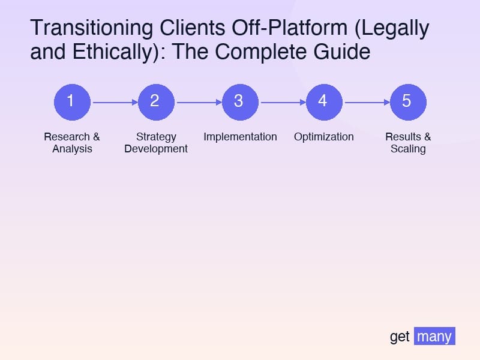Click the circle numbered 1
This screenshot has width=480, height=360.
pyautogui.click(x=72, y=101)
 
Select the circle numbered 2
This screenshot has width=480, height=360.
pyautogui.click(x=156, y=101)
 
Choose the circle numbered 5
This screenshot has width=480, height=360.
pyautogui.click(x=408, y=101)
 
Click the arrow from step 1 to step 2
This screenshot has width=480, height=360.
pyautogui.click(x=114, y=102)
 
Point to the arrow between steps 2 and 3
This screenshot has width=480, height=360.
pyautogui.click(x=198, y=102)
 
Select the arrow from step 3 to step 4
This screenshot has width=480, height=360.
pyautogui.click(x=282, y=102)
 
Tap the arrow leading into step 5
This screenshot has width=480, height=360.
pyautogui.click(x=366, y=102)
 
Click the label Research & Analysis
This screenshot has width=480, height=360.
pyautogui.click(x=72, y=143)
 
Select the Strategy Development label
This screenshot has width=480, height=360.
pyautogui.click(x=156, y=143)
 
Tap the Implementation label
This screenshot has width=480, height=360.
pyautogui.click(x=240, y=137)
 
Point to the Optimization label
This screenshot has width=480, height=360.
pyautogui.click(x=324, y=137)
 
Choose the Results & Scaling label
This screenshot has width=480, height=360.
pyautogui.click(x=408, y=143)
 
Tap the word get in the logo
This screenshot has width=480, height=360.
pyautogui.click(x=400, y=337)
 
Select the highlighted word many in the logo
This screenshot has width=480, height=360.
pyautogui.click(x=434, y=336)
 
